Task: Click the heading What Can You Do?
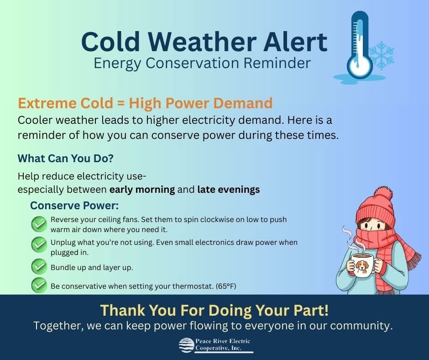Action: coord(65,159)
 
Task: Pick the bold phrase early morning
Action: coord(142,190)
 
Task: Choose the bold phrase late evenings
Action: coord(229,189)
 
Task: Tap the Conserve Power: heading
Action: coord(74,206)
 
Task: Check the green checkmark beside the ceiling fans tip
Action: coord(39,224)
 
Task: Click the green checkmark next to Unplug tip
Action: coord(39,244)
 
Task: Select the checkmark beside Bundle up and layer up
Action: coord(39,266)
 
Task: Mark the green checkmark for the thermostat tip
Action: coord(39,286)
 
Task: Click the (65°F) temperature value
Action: coord(226,286)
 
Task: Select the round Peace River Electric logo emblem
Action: coord(186,345)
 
